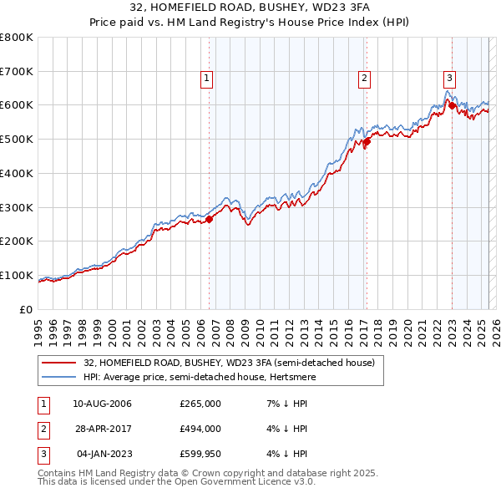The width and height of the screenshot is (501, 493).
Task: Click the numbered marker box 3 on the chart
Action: pos(449,79)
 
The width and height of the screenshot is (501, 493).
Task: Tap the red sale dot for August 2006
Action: pos(210,219)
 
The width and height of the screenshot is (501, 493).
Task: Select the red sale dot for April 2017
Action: pos(367,141)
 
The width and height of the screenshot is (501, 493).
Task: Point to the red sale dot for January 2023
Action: pos(452,106)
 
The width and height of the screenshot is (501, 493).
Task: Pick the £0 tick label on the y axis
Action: pos(27,309)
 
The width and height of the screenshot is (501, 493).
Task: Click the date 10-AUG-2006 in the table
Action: pos(102,404)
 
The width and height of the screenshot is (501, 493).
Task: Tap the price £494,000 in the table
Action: pos(200,429)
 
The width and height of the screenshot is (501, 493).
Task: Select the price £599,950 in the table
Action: pos(200,454)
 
